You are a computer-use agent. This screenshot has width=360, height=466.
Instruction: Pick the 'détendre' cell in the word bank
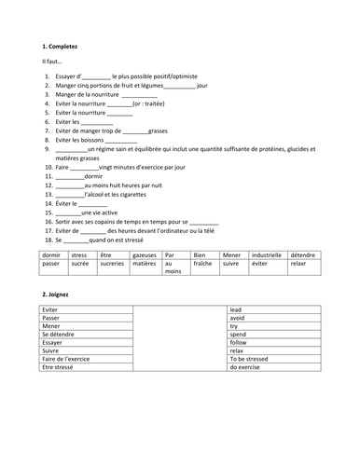(301, 254)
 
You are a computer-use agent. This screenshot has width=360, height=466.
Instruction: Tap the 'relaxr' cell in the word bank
(298, 264)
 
